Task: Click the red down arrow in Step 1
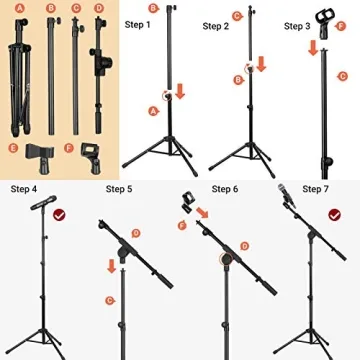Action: (x=180, y=93)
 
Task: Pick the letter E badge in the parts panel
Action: (x=14, y=149)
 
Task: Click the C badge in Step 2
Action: (x=236, y=16)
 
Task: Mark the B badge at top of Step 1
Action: (x=152, y=9)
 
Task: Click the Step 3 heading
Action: (x=299, y=25)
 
